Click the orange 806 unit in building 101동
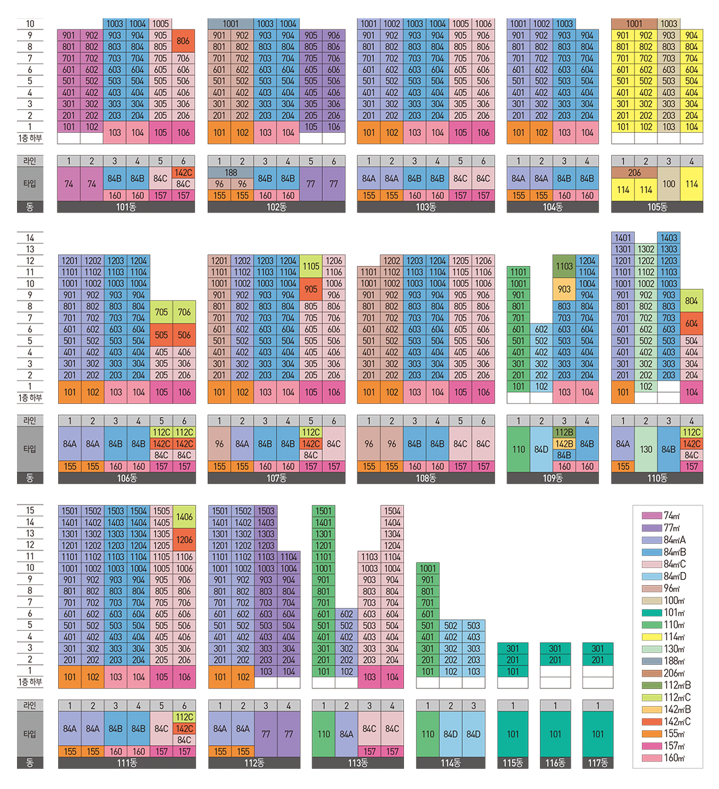(x=183, y=41)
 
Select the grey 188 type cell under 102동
(x=231, y=173)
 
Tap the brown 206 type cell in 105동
(x=634, y=173)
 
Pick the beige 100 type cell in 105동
(x=669, y=184)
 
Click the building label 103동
(x=426, y=207)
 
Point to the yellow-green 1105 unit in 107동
(x=311, y=266)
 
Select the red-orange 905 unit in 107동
(x=311, y=289)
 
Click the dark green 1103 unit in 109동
(x=564, y=266)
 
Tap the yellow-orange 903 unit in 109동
(x=564, y=289)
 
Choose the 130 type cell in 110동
(x=646, y=449)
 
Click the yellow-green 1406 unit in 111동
(x=184, y=516)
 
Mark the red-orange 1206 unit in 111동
(x=184, y=539)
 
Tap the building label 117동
(x=597, y=763)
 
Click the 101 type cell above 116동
(x=555, y=734)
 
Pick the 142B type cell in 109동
(x=564, y=444)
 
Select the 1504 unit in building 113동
(x=392, y=511)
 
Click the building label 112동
(x=254, y=763)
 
